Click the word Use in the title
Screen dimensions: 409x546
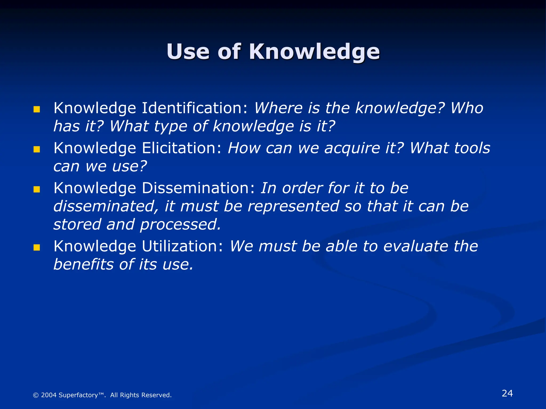(188, 51)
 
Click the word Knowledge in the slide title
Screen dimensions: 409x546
(314, 52)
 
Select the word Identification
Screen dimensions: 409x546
(195, 108)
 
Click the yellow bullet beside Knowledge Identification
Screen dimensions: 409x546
(37, 109)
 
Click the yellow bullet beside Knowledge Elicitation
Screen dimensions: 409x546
(37, 149)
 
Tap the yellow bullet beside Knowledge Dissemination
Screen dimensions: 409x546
(37, 190)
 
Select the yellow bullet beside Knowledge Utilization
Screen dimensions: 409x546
(37, 248)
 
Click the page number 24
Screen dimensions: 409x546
(507, 393)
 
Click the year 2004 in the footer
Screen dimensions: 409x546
(49, 395)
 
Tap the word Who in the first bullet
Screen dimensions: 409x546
(467, 108)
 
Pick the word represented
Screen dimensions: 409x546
(293, 207)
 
